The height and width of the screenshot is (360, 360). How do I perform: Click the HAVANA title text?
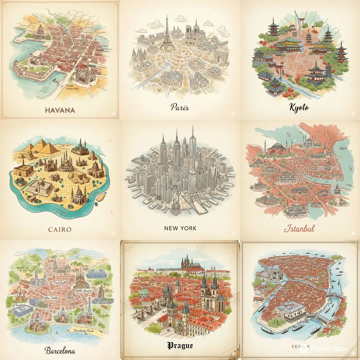click(x=60, y=110)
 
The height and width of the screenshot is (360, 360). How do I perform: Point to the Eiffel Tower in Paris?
click(x=167, y=34)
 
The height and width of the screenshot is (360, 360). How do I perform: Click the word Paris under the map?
click(x=180, y=107)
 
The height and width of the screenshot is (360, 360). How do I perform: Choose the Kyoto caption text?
click(x=299, y=107)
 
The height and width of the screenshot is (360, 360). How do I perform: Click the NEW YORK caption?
click(x=180, y=228)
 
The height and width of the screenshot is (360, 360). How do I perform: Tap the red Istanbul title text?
click(x=299, y=228)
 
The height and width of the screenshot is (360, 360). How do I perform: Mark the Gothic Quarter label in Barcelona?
click(x=84, y=287)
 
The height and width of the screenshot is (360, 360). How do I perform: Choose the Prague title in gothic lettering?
click(x=180, y=346)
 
